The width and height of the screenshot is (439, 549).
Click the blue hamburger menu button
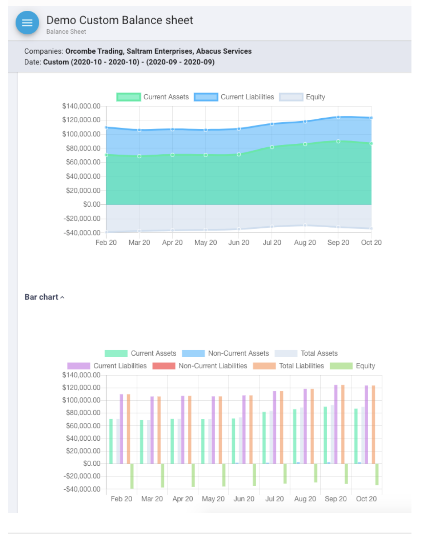pyautogui.click(x=27, y=23)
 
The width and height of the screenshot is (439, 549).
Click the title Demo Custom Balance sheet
pyautogui.click(x=119, y=20)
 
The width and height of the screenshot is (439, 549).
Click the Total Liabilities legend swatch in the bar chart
pyautogui.click(x=264, y=366)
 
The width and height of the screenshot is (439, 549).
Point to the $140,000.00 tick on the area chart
pyautogui.click(x=81, y=106)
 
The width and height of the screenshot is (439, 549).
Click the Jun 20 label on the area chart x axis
pyautogui.click(x=239, y=242)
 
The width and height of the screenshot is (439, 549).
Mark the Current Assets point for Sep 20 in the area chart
pyautogui.click(x=338, y=142)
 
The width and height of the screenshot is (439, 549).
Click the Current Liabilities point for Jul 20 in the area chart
pyautogui.click(x=272, y=124)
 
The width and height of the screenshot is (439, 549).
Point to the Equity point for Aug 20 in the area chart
pyautogui.click(x=305, y=226)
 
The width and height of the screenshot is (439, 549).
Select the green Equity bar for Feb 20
pyautogui.click(x=132, y=476)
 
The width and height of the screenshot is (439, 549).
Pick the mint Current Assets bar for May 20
pyautogui.click(x=203, y=441)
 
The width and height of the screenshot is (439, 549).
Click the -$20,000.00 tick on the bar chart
pyautogui.click(x=82, y=476)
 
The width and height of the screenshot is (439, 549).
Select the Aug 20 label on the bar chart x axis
pyautogui.click(x=305, y=499)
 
